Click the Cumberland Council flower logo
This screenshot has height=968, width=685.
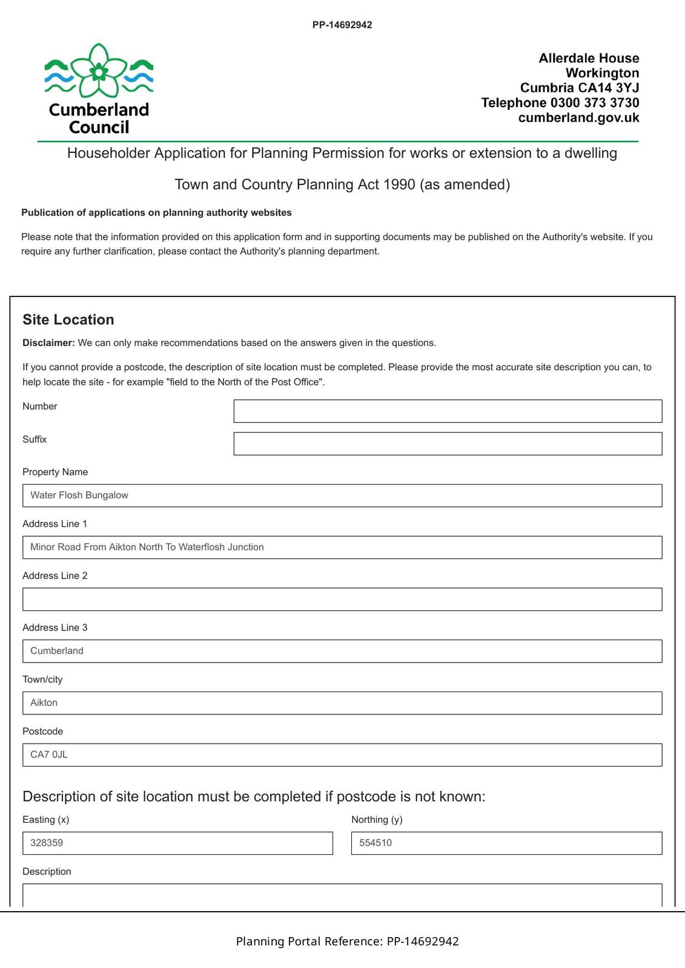point(99,71)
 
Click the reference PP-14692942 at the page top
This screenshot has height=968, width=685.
point(342,25)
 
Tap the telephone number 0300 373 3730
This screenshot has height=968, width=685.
point(595,103)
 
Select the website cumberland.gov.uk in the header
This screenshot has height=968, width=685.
point(578,118)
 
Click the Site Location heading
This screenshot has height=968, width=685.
point(68,319)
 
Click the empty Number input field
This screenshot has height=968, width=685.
point(448,411)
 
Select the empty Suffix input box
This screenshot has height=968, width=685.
point(448,443)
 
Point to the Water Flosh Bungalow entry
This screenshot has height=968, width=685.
point(79,495)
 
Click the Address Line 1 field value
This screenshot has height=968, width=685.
point(147,547)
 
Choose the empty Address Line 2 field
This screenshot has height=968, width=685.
point(342,599)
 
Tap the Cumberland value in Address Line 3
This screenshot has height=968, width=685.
point(57,651)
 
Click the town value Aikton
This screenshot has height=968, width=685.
point(44,703)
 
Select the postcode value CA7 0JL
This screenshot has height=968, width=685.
point(49,755)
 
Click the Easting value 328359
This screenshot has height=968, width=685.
point(47,843)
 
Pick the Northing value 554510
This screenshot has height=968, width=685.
point(376,843)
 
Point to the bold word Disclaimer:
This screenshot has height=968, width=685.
point(48,343)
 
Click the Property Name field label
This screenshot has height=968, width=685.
point(55,472)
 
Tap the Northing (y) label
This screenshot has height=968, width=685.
point(377,820)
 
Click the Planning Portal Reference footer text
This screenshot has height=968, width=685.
point(347,941)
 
